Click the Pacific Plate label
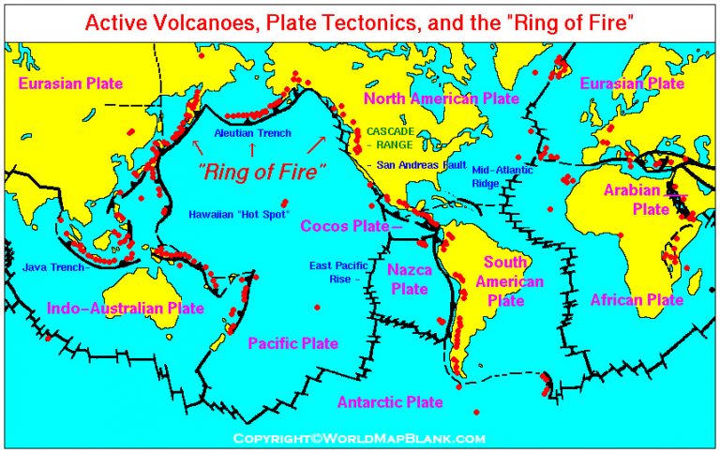tap(292, 344)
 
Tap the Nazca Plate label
tap(409, 279)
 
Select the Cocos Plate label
tap(347, 226)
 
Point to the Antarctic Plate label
tap(389, 402)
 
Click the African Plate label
tap(637, 300)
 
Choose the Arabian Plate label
tap(633, 199)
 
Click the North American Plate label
tap(441, 98)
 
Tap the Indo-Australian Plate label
tap(125, 307)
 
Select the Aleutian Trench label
tap(253, 133)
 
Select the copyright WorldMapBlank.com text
tap(359, 438)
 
